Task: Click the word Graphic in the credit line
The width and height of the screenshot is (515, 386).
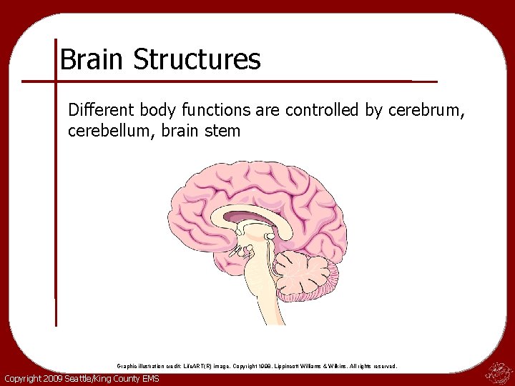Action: click(127, 366)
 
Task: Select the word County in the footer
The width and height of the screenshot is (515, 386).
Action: click(129, 378)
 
